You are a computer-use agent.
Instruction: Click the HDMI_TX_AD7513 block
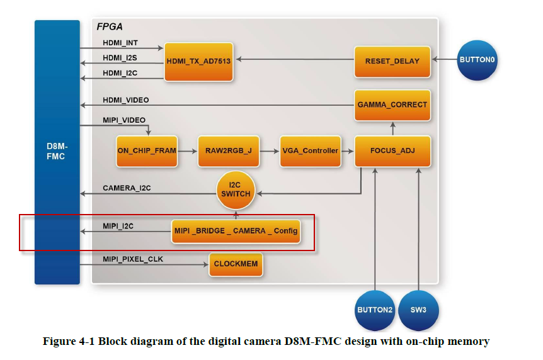coord(198,62)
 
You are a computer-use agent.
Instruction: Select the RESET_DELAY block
coord(392,62)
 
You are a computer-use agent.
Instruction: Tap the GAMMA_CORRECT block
coord(392,104)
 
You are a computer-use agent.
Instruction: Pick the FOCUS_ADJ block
coord(392,151)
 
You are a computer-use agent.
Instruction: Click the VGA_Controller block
coord(310,151)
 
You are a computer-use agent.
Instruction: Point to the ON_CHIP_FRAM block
coord(146,151)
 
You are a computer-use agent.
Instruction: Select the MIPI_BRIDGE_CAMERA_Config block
coord(236,231)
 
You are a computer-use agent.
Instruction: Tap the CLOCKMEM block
coord(236,264)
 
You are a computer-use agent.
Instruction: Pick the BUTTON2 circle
coord(375,310)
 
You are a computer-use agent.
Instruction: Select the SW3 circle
coord(418,310)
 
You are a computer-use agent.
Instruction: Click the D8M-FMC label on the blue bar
coord(57,152)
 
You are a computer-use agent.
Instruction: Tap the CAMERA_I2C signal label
coord(127,188)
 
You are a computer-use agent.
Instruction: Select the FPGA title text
coord(110,27)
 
